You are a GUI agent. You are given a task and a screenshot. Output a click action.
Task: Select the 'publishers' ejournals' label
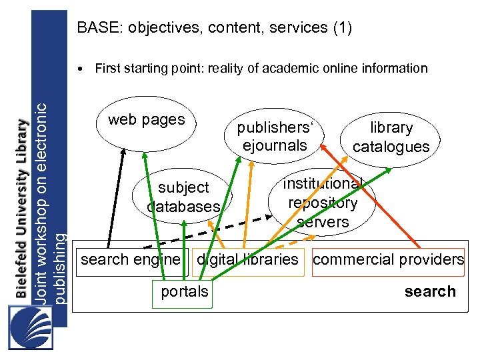click(275, 136)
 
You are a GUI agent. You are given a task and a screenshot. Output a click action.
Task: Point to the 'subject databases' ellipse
click(183, 197)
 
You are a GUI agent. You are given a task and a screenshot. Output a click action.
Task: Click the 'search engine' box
click(131, 259)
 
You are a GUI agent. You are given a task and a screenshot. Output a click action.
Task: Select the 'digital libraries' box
click(247, 259)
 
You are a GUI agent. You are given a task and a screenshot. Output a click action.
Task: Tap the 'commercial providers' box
click(388, 259)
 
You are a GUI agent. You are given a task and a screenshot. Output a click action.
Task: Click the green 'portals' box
click(183, 292)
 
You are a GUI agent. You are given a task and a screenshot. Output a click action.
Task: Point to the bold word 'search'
click(430, 291)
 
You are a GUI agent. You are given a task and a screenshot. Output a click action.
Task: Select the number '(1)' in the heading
click(340, 28)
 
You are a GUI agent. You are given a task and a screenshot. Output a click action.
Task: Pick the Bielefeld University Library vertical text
click(22, 207)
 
